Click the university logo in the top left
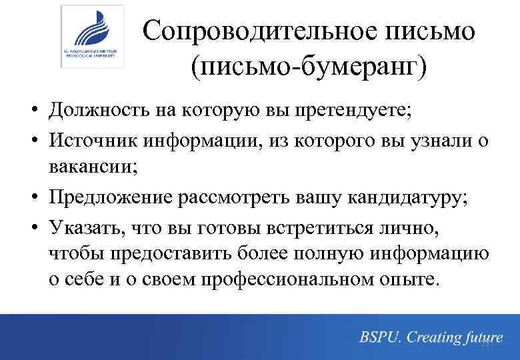tap(92, 37)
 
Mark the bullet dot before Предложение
tap(33, 198)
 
